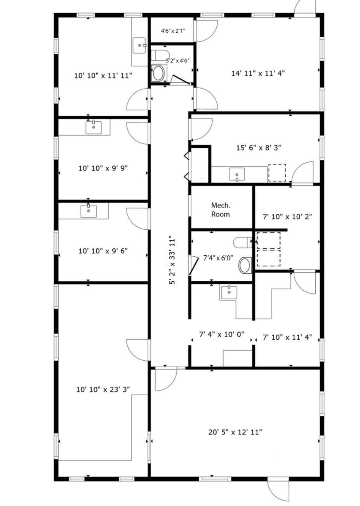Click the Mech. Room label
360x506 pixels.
click(221, 209)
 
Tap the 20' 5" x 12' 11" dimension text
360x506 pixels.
click(235, 433)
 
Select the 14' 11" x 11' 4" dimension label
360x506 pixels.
click(258, 73)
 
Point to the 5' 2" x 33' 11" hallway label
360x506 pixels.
click(172, 260)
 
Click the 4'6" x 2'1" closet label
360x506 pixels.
click(173, 31)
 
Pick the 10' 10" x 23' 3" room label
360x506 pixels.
click(103, 389)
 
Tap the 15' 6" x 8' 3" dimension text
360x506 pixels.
click(258, 148)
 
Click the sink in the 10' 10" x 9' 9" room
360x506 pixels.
click(94, 127)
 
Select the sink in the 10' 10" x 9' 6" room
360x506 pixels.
click(89, 211)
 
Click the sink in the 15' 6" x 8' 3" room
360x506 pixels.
click(237, 174)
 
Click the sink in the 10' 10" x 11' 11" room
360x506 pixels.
click(139, 45)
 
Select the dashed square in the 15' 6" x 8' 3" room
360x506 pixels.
click(277, 173)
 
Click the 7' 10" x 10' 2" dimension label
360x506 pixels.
click(287, 216)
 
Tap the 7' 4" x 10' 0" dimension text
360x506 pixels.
click(221, 334)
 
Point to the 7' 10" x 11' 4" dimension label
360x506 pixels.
click(287, 337)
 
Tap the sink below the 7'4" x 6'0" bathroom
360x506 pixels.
click(229, 293)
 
